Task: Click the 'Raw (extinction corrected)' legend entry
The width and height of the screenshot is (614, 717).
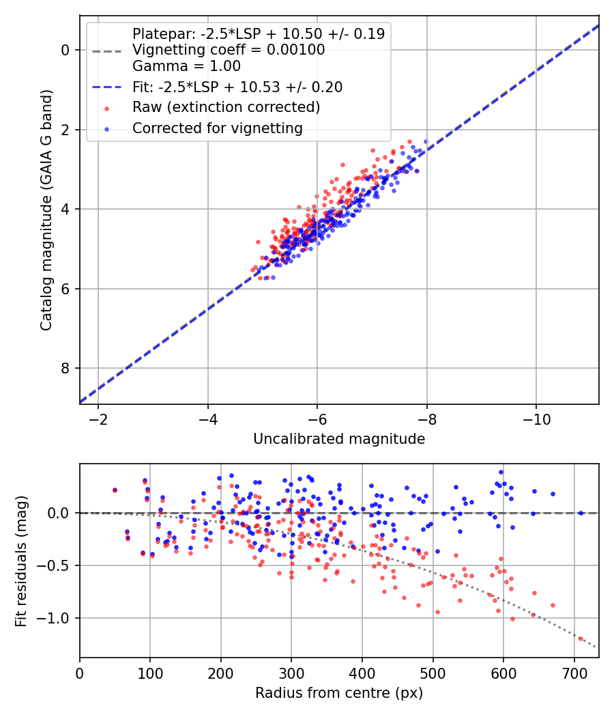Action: tap(226, 107)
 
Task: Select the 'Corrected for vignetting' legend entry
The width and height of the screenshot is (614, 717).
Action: tap(218, 128)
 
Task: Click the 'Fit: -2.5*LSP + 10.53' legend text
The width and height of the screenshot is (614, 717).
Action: tap(237, 87)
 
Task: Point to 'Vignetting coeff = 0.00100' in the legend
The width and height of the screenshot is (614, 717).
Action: tap(229, 50)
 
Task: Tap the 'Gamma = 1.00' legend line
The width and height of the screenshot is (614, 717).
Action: tap(186, 66)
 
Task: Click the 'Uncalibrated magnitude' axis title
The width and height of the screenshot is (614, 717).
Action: tap(339, 439)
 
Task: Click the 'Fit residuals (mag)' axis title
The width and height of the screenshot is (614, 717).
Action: tap(21, 561)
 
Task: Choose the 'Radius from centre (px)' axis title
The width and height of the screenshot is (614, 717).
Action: tap(339, 693)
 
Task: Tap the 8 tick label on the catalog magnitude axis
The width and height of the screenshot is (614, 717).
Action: tap(65, 369)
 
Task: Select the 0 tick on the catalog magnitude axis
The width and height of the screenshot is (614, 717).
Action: tap(65, 50)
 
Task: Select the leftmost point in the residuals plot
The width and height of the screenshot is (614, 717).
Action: tap(115, 490)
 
